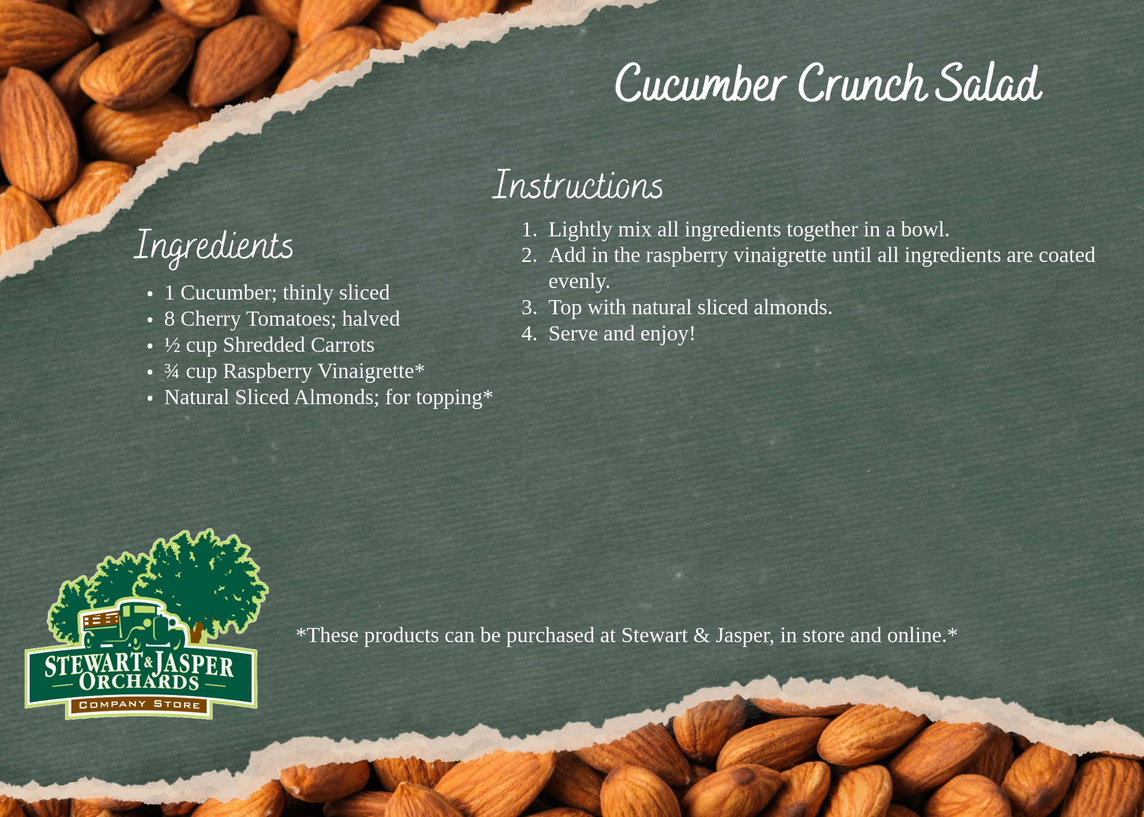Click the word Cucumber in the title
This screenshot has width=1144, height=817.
click(700, 83)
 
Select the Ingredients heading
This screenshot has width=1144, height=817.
click(214, 247)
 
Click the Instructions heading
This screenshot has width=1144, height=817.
click(577, 185)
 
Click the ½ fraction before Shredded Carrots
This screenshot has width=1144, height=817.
click(172, 345)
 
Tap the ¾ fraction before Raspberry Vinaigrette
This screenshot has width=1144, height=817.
click(172, 371)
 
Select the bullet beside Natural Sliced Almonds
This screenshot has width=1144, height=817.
click(150, 399)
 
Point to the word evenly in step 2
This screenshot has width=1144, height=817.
click(579, 282)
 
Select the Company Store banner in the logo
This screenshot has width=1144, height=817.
click(139, 705)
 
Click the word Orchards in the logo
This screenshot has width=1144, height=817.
click(139, 681)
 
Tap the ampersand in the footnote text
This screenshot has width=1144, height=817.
click(702, 636)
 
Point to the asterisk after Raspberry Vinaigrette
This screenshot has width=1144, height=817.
click(419, 368)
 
